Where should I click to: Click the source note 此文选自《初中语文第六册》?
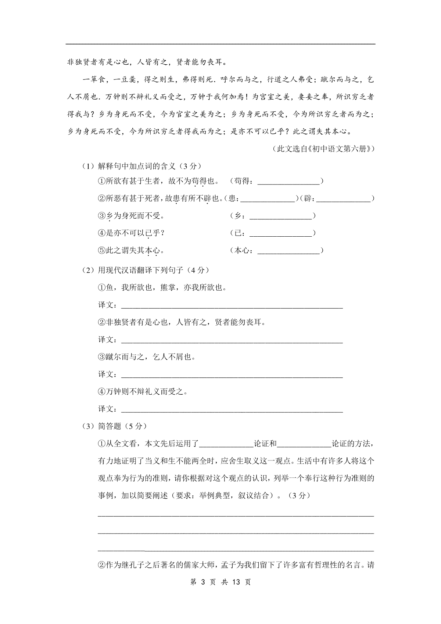pos(323,149)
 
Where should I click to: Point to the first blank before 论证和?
pos(226,444)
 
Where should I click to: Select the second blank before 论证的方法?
pos(304,444)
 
